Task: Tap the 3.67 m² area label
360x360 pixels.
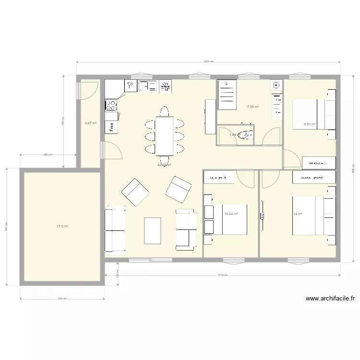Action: (x=90, y=123)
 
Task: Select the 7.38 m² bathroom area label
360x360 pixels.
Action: (x=252, y=107)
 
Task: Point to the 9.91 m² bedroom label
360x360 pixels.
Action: (x=310, y=124)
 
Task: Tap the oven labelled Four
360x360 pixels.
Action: (x=111, y=127)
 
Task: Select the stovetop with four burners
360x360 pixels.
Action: (x=111, y=104)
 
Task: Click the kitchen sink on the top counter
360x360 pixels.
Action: (x=148, y=86)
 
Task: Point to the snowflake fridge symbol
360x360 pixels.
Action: (x=166, y=86)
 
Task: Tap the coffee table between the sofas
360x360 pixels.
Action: (x=153, y=231)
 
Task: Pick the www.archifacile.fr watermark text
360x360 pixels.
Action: (x=330, y=298)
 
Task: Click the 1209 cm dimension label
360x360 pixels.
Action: (x=208, y=61)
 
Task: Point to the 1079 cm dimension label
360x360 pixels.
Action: (x=222, y=275)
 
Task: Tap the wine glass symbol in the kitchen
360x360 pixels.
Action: (x=130, y=86)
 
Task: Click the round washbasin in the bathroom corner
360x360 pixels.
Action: (x=276, y=86)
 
